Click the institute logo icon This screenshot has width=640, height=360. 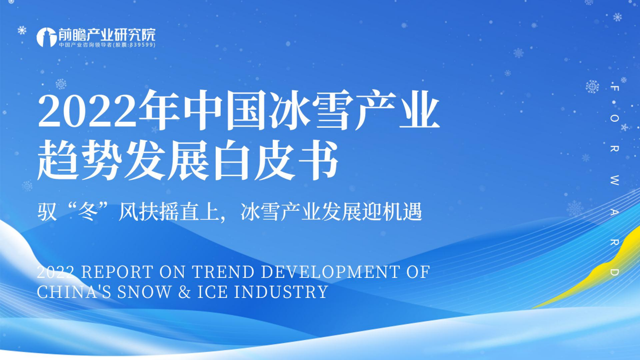[x=46, y=37]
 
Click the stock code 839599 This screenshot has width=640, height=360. [x=141, y=45]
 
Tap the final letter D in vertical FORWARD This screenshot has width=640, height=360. [x=615, y=272]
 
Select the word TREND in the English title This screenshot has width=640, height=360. [x=221, y=272]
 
